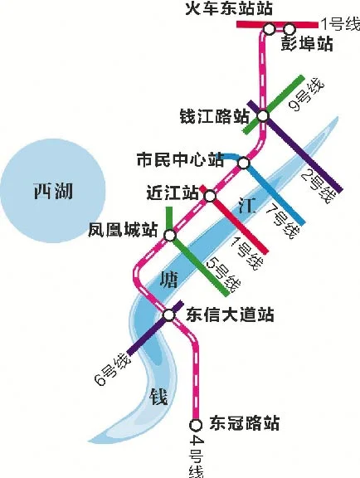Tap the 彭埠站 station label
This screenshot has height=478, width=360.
[x=307, y=44]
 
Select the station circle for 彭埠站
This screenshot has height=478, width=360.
[x=289, y=29]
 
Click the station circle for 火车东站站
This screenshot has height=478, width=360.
[x=270, y=29]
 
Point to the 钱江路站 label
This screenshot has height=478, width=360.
[x=214, y=115]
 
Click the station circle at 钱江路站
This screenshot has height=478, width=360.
[x=262, y=115]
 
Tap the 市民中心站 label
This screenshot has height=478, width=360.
[x=180, y=158]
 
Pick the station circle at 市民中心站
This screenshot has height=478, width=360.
[x=244, y=163]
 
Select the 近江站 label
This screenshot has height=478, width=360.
[x=172, y=193]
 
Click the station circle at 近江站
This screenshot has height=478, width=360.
[x=210, y=196]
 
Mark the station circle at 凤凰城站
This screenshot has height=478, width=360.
[x=169, y=236]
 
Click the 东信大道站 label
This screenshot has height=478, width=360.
[x=229, y=315]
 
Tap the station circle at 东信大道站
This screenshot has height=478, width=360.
[x=169, y=314]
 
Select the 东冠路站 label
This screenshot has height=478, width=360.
[x=243, y=424]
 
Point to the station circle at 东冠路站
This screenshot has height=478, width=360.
[x=196, y=424]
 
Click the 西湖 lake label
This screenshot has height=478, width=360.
[x=52, y=193]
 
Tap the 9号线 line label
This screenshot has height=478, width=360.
[x=305, y=94]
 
